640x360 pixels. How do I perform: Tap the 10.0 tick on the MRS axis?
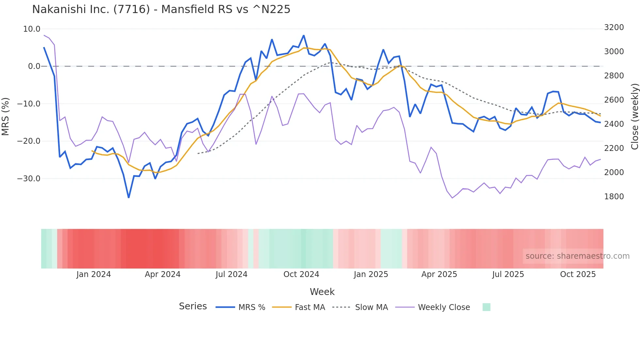[32, 29]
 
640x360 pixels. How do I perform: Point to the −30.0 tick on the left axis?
[29, 179]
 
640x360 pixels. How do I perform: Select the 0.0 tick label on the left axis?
[34, 66]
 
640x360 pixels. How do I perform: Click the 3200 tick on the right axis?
[614, 27]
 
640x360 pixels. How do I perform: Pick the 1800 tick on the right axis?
[614, 197]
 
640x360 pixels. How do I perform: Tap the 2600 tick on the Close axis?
[614, 100]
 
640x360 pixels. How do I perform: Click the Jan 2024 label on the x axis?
[94, 274]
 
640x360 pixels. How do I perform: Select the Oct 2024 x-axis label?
[301, 274]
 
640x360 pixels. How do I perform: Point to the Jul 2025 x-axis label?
[508, 274]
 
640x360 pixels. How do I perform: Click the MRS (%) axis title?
[6, 116]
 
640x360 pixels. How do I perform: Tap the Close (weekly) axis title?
[634, 117]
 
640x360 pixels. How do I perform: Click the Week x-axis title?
[322, 292]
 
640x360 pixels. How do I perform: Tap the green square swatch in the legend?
[486, 307]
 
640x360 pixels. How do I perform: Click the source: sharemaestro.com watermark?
[577, 256]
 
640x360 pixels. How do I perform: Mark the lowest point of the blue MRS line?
[129, 198]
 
